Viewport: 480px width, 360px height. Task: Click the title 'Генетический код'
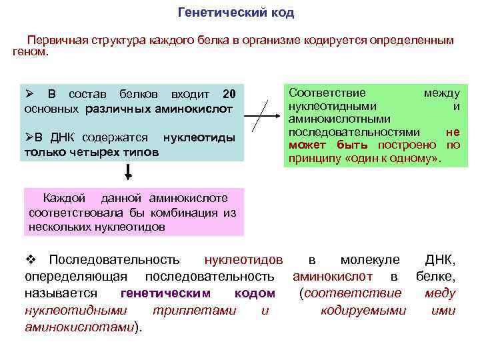pos(236,13)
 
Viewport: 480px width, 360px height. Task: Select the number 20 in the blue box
pos(229,93)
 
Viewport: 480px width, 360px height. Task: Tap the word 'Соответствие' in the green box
pos(326,93)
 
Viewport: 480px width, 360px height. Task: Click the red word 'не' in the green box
pos(452,132)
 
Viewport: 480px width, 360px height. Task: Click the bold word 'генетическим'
pos(165,293)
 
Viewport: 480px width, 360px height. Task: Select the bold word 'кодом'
pos(255,293)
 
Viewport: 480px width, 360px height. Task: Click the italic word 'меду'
pos(440,293)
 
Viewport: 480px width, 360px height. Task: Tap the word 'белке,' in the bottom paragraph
pos(436,276)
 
